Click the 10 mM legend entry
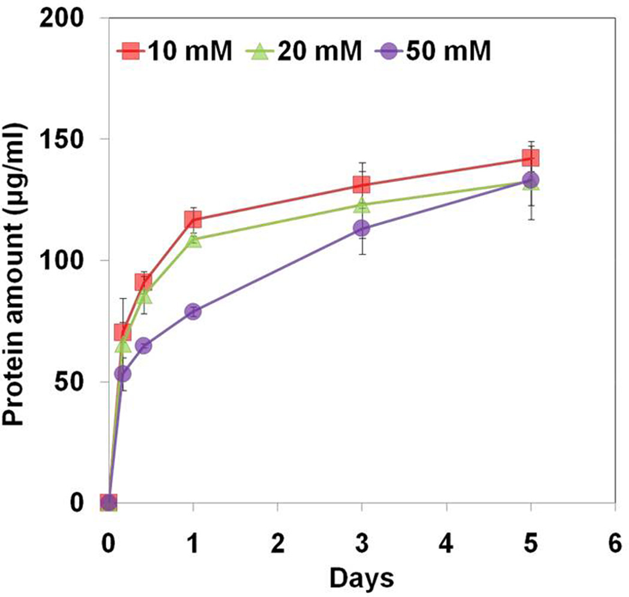point(174,52)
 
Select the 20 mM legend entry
point(303,52)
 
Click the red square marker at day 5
point(531,158)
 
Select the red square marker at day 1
point(193,219)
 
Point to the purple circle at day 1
point(193,311)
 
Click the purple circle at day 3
point(361,228)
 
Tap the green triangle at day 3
point(361,205)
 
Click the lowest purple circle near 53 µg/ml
point(123,374)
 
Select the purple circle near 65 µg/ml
point(143,346)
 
